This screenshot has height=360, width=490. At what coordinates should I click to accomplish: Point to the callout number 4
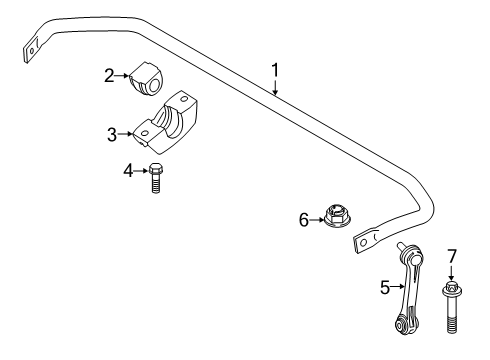pyautogui.click(x=127, y=170)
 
